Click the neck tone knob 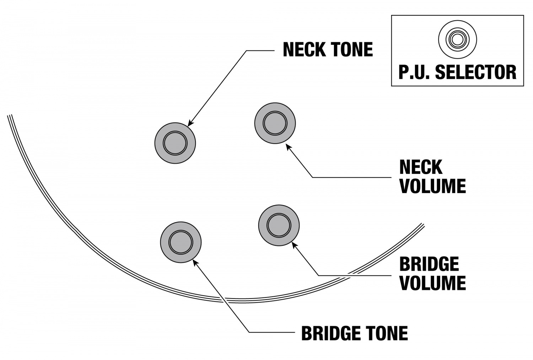pos(175,143)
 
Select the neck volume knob pos(275,123)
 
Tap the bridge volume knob pos(279,225)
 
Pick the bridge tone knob pos(181,242)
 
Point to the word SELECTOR pos(476,72)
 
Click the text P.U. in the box pos(414,72)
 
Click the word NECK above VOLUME pos(421,167)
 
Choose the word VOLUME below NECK pos(432,186)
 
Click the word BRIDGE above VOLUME pos(429,264)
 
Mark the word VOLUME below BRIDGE pos(432,283)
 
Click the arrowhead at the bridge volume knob pos(293,244)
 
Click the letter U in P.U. pos(419,72)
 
